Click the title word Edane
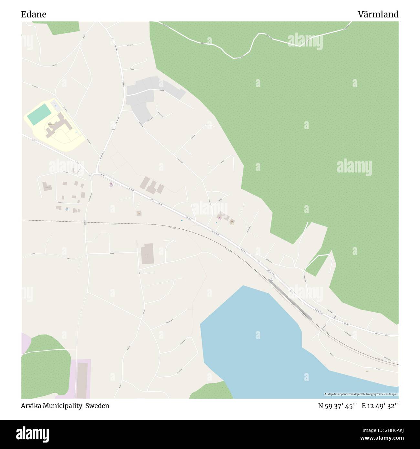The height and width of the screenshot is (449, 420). pos(34,15)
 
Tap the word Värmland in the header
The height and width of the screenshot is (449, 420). pos(378,15)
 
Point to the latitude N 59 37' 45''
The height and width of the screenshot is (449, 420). pos(337,406)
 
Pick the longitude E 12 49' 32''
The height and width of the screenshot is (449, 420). pos(380,406)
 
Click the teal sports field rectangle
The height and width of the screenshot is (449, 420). pos(39,114)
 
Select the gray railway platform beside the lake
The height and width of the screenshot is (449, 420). pos(290,299)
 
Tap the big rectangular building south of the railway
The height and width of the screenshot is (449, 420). pos(147,254)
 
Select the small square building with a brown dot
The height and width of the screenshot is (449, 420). pos(139,213)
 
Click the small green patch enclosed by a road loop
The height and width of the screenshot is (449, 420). pos(318,265)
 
